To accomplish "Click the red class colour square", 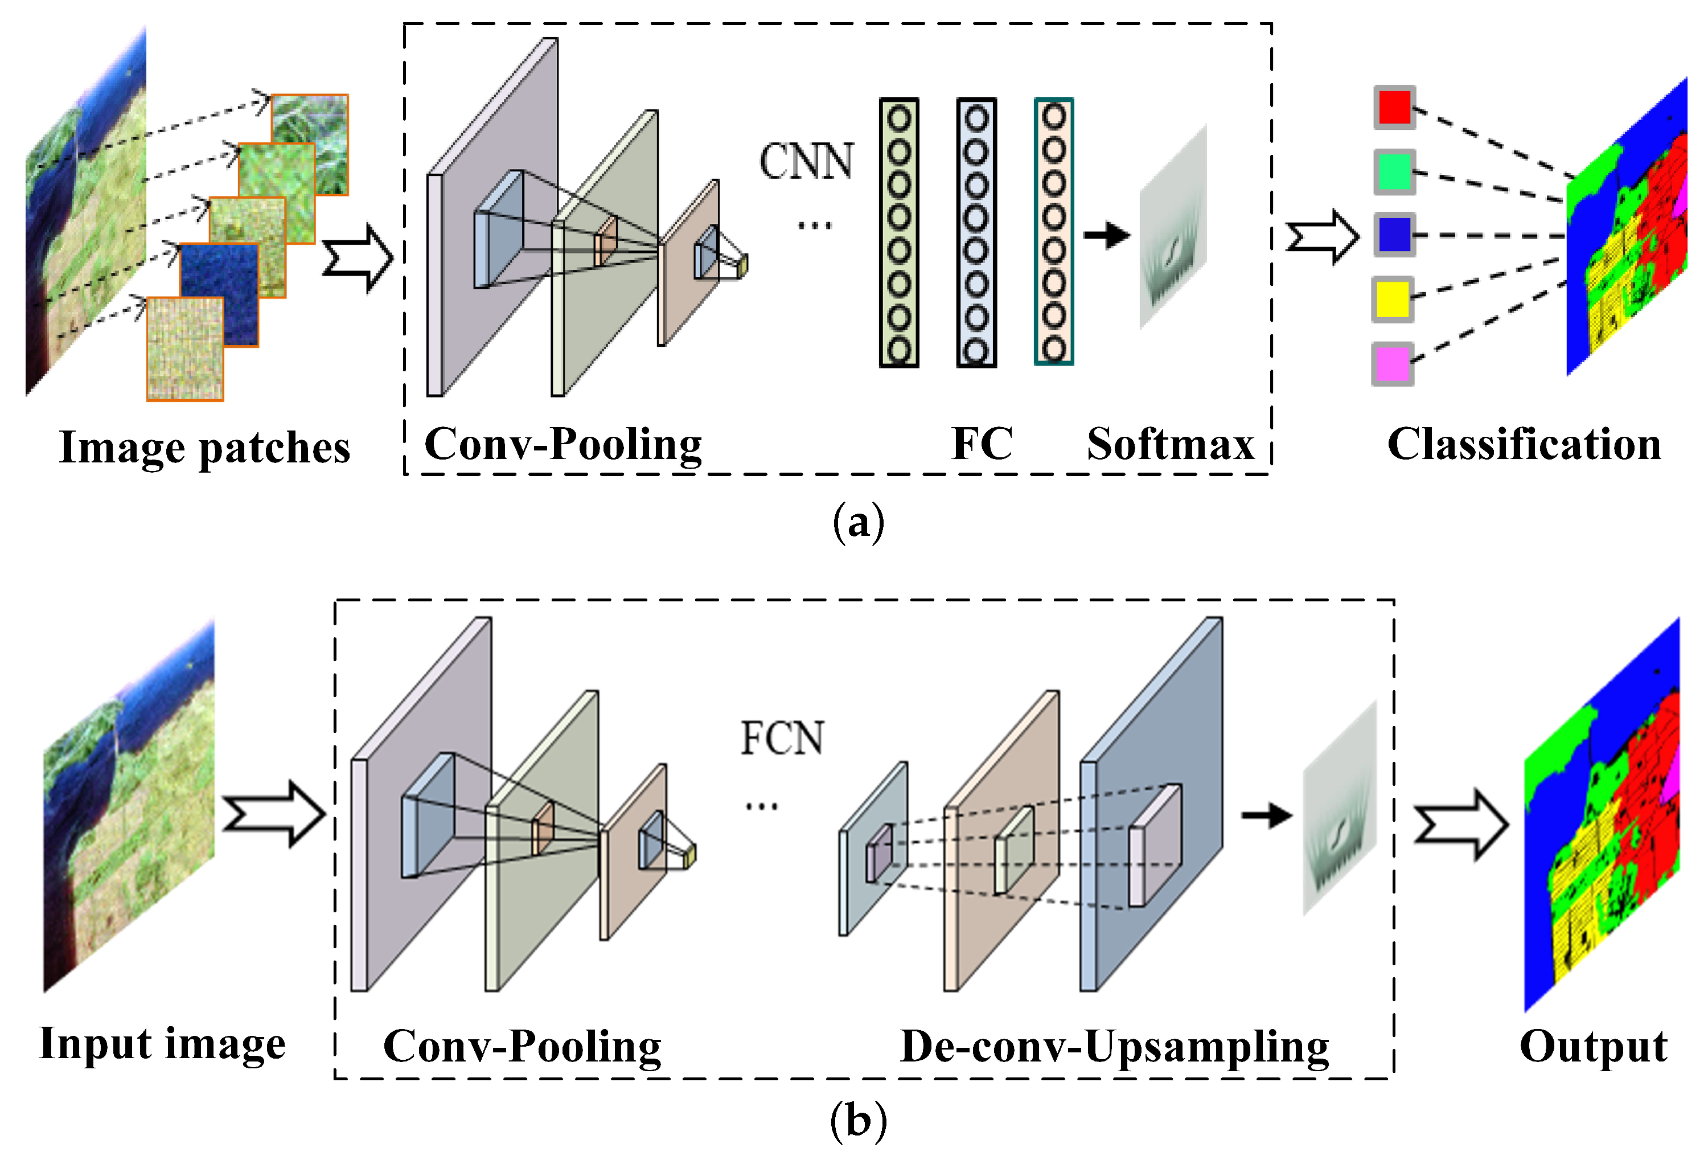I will coord(1394,107).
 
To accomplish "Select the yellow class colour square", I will coord(1392,299).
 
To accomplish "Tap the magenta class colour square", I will coord(1392,364).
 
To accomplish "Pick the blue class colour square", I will coord(1394,235).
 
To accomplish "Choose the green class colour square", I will coord(1394,171).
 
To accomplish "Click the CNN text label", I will coord(806,162).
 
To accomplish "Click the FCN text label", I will coord(781,738).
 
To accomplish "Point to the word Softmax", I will coord(1170,444).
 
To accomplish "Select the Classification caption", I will coord(1524,444).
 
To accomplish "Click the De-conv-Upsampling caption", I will coord(1114,1047).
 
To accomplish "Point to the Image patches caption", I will coord(204,448).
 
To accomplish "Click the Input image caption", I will coord(162,1044).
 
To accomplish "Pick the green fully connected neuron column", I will coord(899,233).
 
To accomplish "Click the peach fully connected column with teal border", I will coord(1053,232).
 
